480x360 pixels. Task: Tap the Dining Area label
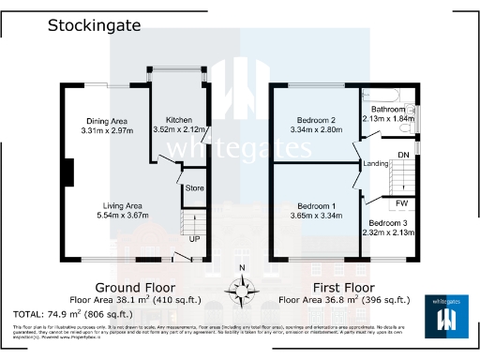pos(107,121)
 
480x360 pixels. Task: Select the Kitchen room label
pos(179,121)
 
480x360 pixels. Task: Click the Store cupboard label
pos(194,188)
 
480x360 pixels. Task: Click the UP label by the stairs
pos(194,238)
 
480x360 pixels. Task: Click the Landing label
pos(376,164)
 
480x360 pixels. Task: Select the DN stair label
pos(403,154)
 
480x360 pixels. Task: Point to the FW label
pos(401,202)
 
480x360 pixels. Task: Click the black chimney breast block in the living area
pos(68,173)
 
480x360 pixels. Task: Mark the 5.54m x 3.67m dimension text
pos(122,216)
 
